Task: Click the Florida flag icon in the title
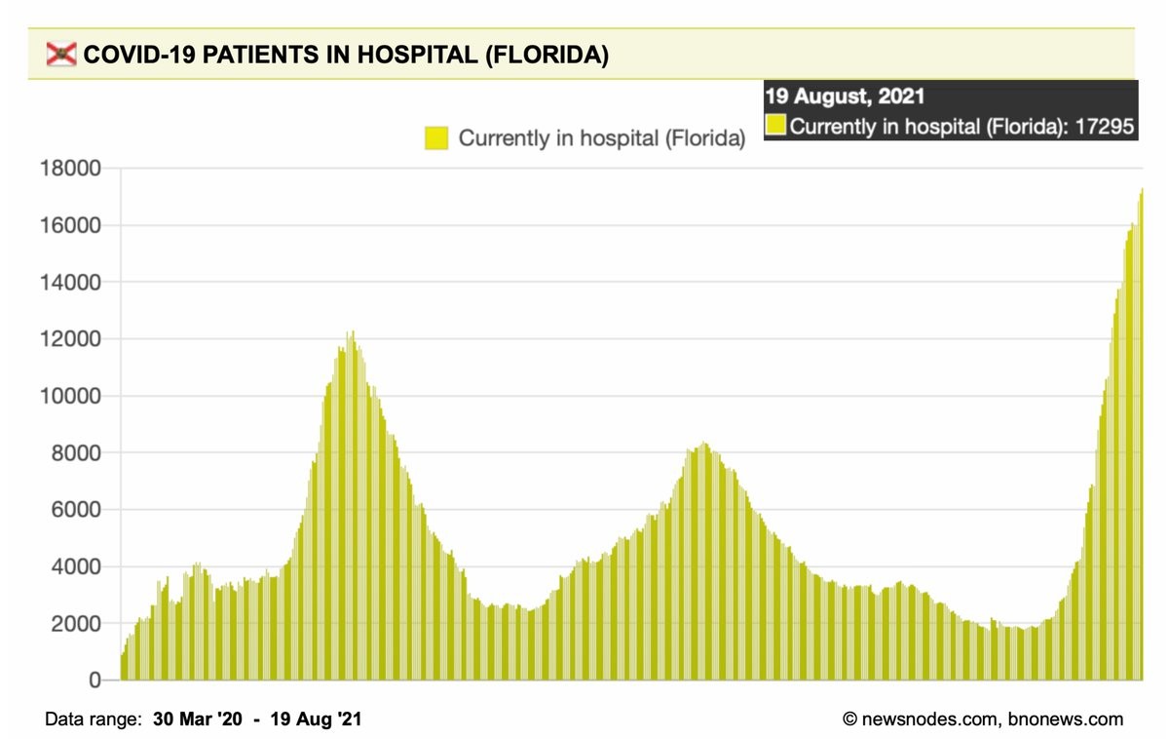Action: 61,56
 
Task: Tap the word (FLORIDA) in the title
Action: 546,56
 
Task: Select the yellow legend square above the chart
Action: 435,138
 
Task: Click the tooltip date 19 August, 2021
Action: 845,97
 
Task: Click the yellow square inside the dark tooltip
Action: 775,126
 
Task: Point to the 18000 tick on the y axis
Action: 70,169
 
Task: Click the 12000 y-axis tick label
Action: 70,339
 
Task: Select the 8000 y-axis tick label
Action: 76,453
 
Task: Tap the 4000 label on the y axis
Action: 76,566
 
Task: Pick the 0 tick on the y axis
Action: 94,681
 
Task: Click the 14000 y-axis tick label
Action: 70,283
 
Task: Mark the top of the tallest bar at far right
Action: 1141,190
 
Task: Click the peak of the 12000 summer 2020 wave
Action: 353,332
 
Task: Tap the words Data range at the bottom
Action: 92,720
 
